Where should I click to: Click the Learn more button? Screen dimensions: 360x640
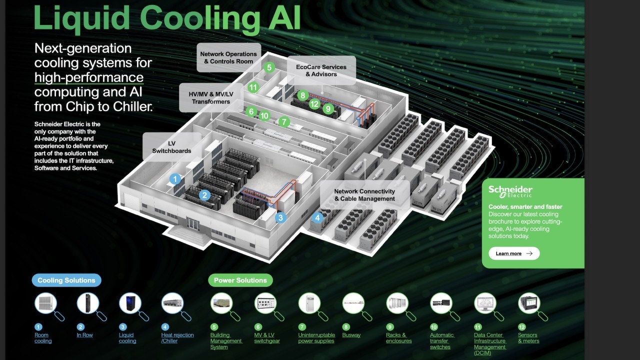click(514, 253)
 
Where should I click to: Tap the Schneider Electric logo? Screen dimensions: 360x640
click(510, 191)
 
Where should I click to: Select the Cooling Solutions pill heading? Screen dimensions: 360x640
click(66, 280)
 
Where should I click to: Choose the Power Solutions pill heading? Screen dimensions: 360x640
click(240, 280)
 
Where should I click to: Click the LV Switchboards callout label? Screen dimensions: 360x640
click(171, 147)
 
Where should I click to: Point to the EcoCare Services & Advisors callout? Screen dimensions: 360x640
click(321, 70)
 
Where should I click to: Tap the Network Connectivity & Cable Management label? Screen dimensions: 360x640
click(364, 195)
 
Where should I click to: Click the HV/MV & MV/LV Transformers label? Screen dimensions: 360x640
click(210, 98)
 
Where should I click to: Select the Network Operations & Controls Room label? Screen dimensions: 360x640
click(228, 57)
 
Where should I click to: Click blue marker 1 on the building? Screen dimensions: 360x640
click(175, 178)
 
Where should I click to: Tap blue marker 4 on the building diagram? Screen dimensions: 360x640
click(317, 217)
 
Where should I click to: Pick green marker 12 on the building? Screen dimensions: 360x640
click(314, 104)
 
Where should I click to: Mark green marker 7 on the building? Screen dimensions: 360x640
click(284, 121)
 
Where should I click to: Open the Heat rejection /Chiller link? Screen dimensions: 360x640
click(177, 338)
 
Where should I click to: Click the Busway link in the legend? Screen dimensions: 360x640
click(351, 335)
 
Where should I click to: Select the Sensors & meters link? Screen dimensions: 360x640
click(528, 338)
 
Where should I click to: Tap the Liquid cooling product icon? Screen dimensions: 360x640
click(130, 303)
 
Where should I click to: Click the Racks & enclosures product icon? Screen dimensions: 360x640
click(397, 303)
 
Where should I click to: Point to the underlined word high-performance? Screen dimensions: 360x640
click(89, 77)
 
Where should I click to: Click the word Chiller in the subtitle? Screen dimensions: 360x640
click(129, 106)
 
